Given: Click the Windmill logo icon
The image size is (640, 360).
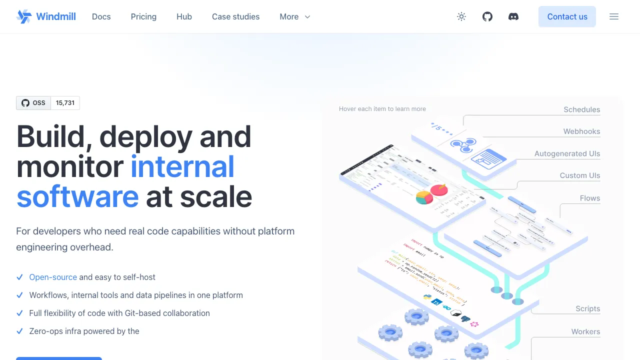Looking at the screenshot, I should (23, 16).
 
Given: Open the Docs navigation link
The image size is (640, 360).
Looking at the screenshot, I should (101, 16).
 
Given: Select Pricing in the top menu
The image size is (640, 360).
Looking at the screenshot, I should (143, 16).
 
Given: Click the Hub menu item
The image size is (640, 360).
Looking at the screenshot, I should (184, 16).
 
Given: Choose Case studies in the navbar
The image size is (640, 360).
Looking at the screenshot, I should (235, 16).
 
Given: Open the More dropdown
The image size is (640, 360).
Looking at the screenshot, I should (295, 16).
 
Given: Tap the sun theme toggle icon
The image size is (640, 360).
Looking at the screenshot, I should (461, 16).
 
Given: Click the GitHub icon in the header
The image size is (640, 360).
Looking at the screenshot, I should (487, 16).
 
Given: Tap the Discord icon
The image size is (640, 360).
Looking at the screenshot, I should (513, 16).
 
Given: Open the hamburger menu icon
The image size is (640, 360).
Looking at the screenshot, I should (614, 16).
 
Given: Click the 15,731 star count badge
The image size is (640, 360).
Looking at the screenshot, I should (65, 103).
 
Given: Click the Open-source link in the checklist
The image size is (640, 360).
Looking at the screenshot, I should (53, 277).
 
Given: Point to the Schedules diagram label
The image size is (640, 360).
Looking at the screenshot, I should (581, 109).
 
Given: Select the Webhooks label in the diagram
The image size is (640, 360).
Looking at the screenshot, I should (581, 131).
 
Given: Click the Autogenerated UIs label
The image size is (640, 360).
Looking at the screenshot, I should (567, 153).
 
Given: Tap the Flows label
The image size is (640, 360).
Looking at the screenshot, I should (589, 198).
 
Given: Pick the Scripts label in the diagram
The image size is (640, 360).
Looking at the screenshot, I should (587, 308).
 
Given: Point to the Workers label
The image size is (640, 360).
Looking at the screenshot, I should (585, 331).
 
